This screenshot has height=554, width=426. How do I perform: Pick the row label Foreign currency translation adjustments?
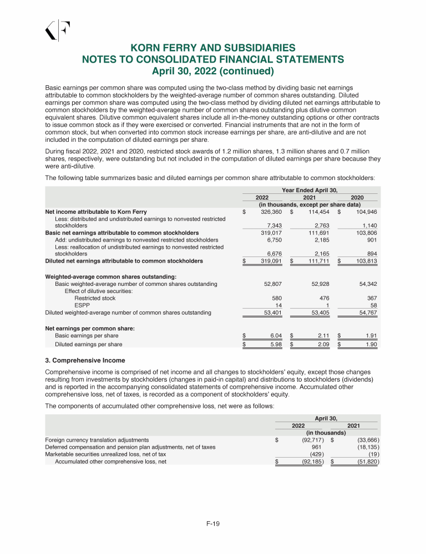tap(97, 439)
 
